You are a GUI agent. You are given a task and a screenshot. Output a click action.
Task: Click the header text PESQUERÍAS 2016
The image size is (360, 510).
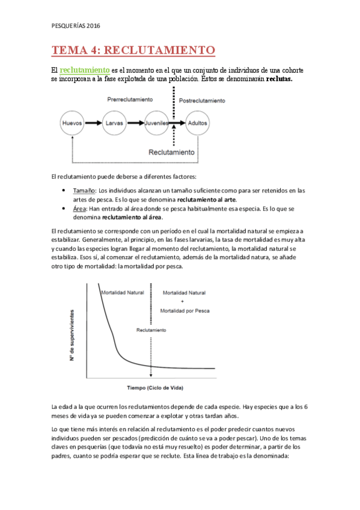[76, 25]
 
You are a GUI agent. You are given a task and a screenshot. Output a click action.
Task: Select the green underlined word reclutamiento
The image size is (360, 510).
[84, 70]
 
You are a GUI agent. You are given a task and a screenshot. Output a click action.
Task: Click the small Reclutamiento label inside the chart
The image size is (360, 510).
[151, 330]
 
